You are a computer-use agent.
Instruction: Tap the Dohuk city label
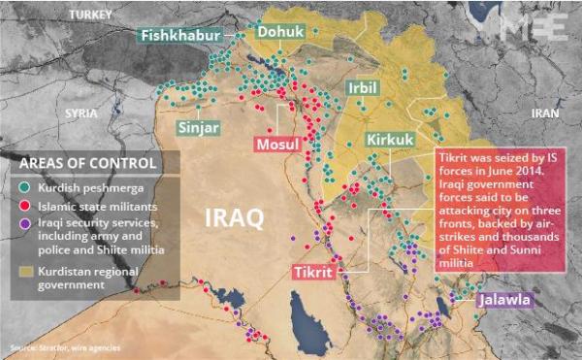point(279,32)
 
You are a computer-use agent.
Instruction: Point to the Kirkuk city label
point(390,140)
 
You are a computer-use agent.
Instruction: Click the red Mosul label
point(278,145)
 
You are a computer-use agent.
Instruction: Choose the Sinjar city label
point(199,127)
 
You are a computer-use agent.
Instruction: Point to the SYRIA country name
point(81,113)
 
